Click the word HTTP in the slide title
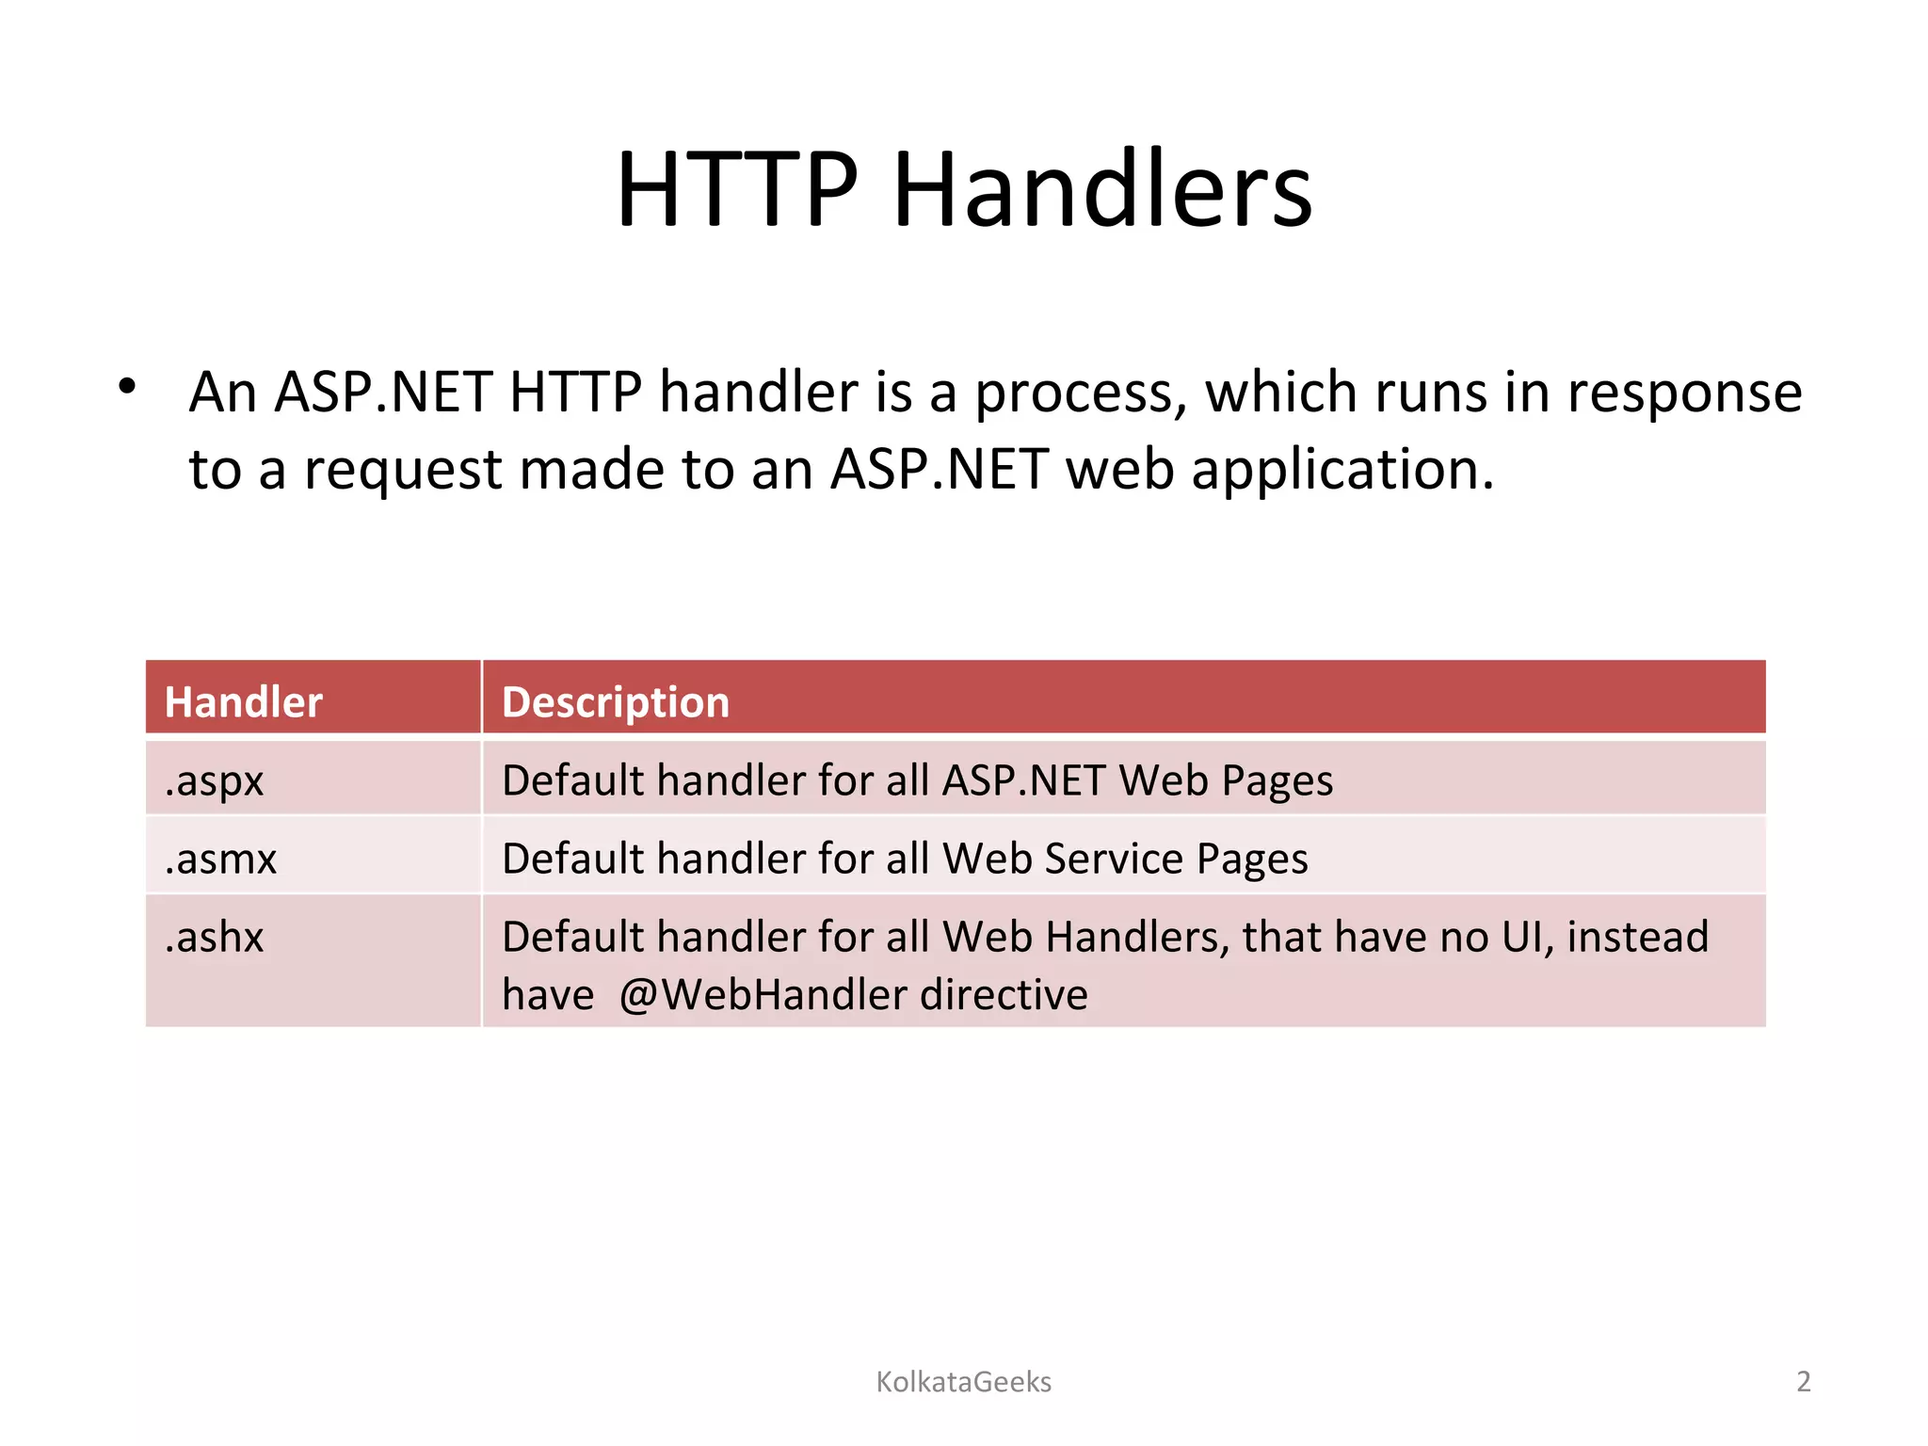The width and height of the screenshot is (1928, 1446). pos(737,190)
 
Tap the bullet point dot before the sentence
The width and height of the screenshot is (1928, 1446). pos(127,386)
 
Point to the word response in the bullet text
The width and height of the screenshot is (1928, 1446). pos(1684,394)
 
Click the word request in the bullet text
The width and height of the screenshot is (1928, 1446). pos(403,471)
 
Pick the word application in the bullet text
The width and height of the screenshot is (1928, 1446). pos(1341,471)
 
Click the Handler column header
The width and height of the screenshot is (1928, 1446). pos(243,702)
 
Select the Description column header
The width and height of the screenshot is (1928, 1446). pos(616,702)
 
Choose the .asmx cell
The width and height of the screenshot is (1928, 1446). pos(220,859)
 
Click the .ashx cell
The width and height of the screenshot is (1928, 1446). pos(215,937)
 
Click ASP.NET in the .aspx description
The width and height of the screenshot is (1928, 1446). pos(1023,780)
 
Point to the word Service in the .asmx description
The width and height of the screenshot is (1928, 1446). pos(1113,859)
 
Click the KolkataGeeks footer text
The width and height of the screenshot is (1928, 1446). pos(963,1381)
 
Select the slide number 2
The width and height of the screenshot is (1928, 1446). pos(1803,1381)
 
